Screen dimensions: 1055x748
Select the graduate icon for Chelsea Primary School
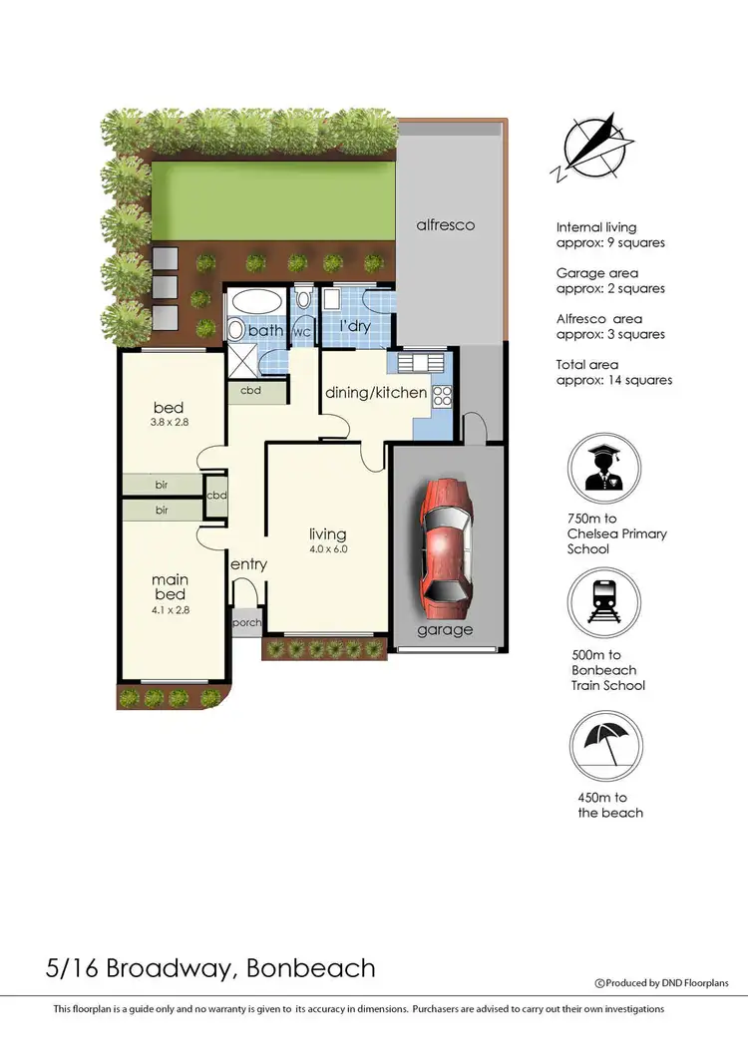point(602,470)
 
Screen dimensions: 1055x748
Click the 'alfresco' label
point(446,225)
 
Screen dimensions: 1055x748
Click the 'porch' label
point(246,623)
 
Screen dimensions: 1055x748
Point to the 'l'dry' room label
point(358,327)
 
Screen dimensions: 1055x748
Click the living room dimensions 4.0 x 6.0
point(327,549)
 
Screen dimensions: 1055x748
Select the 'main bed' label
point(170,587)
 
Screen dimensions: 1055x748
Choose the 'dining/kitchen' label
point(376,393)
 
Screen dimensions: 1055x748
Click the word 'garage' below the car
point(445,630)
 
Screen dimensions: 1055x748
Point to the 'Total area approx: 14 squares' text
point(613,372)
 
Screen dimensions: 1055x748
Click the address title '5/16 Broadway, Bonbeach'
point(210,967)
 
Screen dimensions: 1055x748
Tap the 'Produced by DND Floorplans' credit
point(661,983)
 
